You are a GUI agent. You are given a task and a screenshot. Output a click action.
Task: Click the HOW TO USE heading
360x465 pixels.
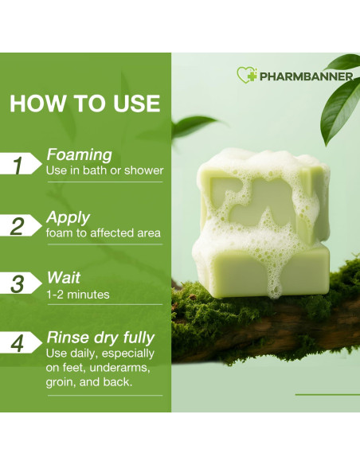click(84, 104)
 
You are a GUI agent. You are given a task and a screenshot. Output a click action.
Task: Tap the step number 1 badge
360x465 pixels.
click(21, 163)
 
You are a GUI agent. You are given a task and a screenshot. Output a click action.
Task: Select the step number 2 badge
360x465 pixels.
click(21, 225)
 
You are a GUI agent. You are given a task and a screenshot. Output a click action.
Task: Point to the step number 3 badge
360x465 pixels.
click(21, 283)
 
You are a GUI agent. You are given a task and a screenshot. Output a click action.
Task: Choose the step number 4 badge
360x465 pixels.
click(21, 343)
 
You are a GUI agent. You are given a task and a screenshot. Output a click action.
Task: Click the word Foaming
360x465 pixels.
click(79, 155)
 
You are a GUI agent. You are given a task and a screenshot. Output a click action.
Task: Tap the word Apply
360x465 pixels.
click(68, 218)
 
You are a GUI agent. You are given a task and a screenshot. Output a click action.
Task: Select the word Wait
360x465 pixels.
click(64, 278)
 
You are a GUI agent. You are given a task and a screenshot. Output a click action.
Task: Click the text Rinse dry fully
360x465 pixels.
click(100, 338)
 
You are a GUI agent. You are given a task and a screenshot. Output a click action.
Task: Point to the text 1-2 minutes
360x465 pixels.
click(78, 295)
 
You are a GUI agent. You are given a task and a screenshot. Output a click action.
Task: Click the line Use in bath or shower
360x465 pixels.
click(104, 170)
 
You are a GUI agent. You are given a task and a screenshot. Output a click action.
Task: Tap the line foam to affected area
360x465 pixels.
click(104, 232)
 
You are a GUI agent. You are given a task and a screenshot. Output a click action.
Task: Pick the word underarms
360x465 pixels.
click(119, 368)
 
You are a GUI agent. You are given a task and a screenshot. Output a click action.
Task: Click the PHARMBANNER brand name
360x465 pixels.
click(307, 76)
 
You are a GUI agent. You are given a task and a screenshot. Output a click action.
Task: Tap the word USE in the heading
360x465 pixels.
click(137, 104)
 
